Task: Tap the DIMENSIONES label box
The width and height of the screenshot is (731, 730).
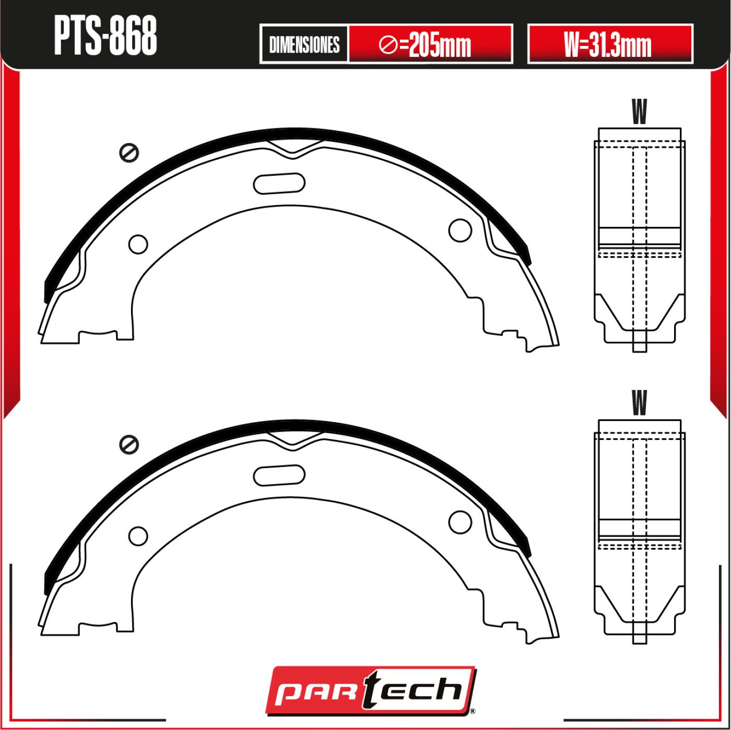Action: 304,44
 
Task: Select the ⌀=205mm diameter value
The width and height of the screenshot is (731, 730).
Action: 425,45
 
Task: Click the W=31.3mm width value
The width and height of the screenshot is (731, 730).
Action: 608,44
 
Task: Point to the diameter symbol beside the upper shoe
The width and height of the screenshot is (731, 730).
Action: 129,153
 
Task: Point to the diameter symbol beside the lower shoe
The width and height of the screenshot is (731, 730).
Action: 129,444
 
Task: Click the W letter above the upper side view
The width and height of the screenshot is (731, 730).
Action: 639,112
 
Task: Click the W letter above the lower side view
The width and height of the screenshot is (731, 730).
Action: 639,403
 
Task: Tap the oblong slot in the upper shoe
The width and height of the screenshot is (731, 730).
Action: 279,183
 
